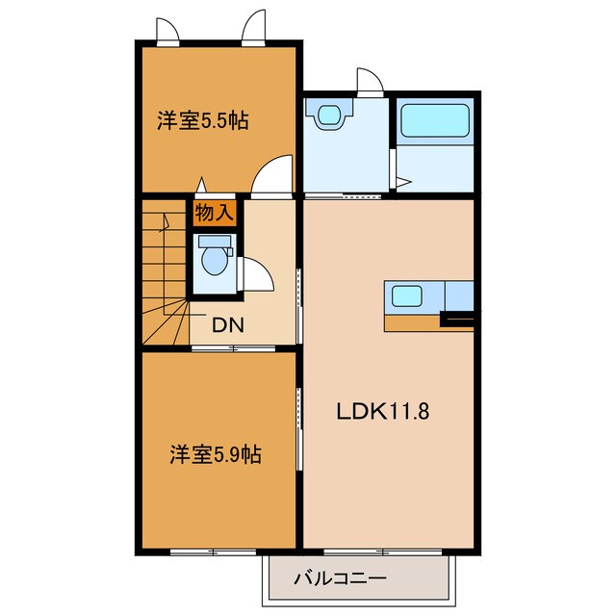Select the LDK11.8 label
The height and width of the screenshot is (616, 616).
pyautogui.click(x=382, y=411)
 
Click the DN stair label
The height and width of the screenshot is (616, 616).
pyautogui.click(x=227, y=324)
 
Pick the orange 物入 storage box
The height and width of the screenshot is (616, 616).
pyautogui.click(x=214, y=212)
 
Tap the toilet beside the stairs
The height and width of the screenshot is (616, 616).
pyautogui.click(x=213, y=259)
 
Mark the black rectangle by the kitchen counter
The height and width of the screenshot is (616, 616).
pyautogui.click(x=457, y=319)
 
